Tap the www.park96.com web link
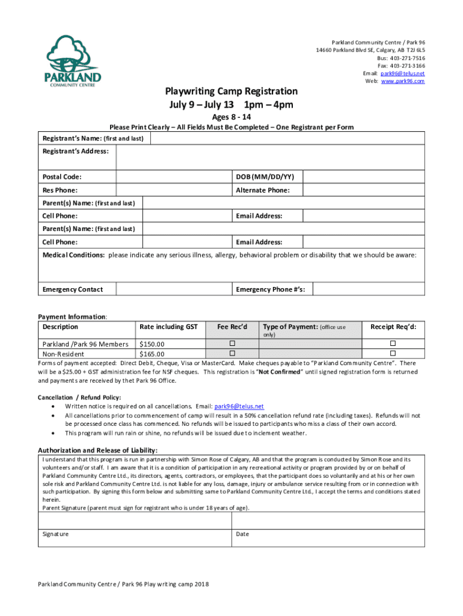click(403, 81)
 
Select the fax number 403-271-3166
click(407, 66)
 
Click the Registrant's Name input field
click(287, 138)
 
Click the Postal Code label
click(62, 177)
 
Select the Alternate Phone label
click(263, 190)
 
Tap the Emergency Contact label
click(72, 289)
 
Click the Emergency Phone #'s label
click(270, 289)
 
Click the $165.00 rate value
click(152, 354)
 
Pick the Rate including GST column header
click(168, 327)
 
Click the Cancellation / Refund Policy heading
click(79, 397)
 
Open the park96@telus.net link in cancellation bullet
click(239, 406)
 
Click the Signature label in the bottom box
click(55, 534)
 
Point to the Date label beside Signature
click(242, 534)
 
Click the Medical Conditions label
click(73, 255)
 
